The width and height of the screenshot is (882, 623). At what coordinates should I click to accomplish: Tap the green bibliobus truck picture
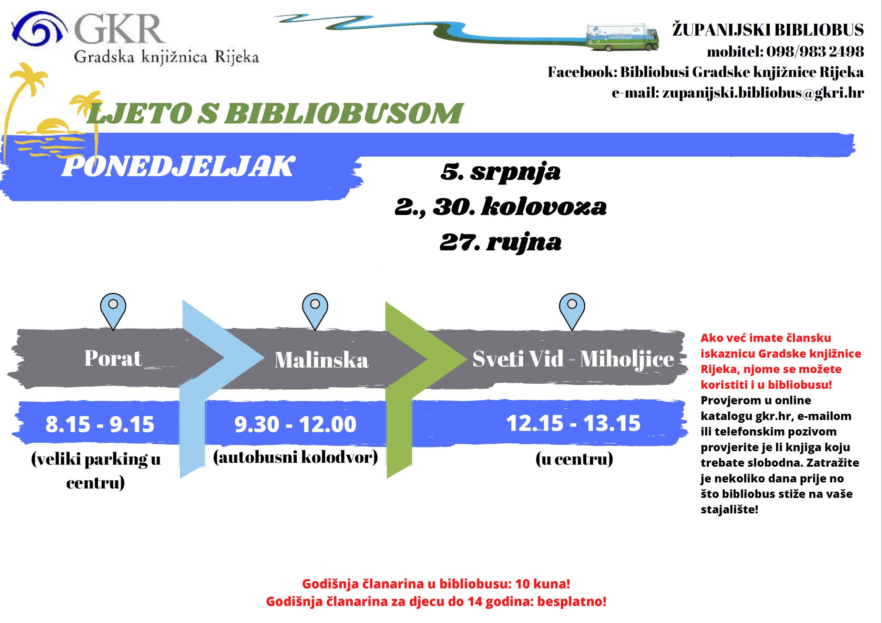[622, 37]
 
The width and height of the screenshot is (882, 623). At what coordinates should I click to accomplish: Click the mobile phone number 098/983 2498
[815, 51]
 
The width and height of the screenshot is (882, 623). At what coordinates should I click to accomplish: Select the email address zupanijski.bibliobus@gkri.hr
[763, 93]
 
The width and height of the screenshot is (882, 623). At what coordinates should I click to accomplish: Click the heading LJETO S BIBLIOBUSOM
[274, 113]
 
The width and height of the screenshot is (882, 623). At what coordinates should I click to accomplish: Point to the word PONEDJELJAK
[178, 167]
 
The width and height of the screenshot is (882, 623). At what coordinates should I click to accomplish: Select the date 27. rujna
[500, 242]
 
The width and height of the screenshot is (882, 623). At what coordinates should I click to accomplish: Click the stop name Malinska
[321, 361]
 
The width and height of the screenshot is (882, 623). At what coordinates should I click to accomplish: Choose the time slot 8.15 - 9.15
[100, 424]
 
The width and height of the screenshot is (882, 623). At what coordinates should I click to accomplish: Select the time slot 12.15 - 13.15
[573, 423]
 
